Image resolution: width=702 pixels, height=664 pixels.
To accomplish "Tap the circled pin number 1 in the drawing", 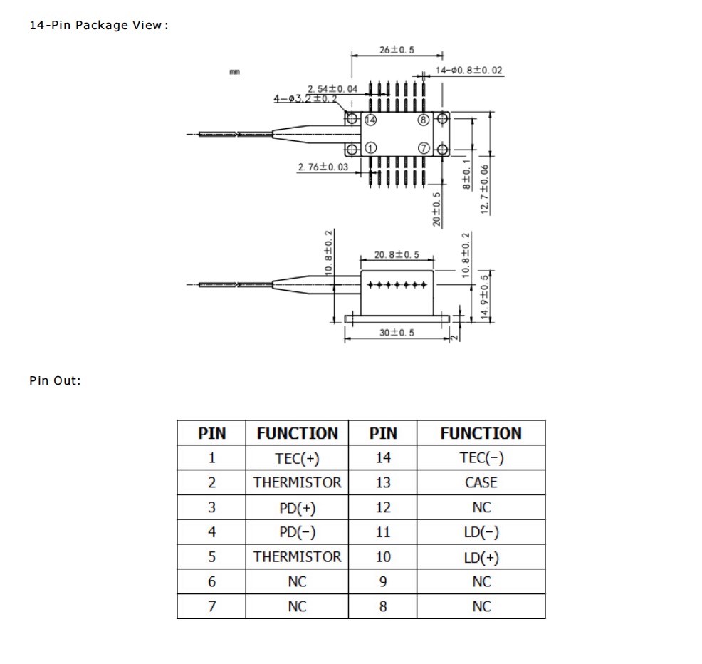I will coord(370,148).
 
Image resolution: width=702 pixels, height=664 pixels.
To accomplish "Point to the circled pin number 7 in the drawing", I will coord(424,148).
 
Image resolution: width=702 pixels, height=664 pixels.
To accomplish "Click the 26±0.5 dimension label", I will coord(397,50).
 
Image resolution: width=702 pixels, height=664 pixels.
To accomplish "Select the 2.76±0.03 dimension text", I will coord(323,167).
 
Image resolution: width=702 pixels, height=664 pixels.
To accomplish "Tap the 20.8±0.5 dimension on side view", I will coord(397,254).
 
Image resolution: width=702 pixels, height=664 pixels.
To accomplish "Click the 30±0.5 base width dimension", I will coord(397,333).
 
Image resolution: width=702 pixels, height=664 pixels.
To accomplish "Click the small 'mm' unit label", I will coord(234,72).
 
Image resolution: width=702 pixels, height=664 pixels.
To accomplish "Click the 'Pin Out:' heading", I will coord(56,380).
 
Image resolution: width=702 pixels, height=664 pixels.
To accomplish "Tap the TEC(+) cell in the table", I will coord(297,458).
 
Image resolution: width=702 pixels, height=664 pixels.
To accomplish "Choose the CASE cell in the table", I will coord(481,483).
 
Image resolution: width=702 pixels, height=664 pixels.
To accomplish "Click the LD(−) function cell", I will coord(481,532).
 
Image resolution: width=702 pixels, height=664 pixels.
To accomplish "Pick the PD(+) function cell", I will coord(297,508).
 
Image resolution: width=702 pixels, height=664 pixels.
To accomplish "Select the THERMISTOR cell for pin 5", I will coord(297,557).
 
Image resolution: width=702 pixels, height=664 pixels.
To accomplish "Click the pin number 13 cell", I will coord(383,483).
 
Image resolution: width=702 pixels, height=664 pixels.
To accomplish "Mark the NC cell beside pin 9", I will coord(481,582).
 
